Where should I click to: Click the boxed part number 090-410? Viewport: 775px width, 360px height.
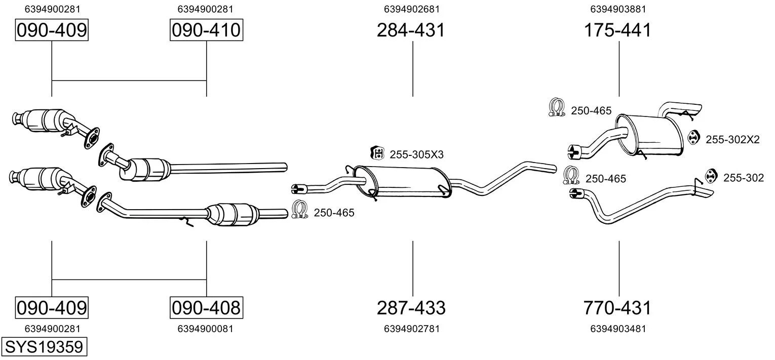[206, 30]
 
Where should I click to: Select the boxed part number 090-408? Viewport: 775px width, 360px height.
[206, 307]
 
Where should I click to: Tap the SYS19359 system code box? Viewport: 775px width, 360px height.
[44, 346]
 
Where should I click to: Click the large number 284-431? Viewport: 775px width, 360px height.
[411, 30]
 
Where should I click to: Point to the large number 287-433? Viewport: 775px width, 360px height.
[411, 307]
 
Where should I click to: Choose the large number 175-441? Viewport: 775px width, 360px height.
[617, 30]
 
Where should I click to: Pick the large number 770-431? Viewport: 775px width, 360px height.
[617, 307]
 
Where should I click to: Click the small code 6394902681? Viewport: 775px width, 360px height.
[412, 9]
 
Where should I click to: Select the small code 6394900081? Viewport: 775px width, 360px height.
[206, 329]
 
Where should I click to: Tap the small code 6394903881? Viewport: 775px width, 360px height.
[618, 9]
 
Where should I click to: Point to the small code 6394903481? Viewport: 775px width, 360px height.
[618, 329]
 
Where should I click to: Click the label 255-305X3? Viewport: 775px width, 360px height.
[416, 154]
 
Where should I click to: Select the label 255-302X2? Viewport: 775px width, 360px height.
[733, 140]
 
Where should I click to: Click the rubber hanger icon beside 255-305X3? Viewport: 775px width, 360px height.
[377, 153]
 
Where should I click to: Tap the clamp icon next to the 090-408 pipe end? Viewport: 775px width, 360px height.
[300, 210]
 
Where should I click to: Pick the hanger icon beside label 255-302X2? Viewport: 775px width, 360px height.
[693, 137]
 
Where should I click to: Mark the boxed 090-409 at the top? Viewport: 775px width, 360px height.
[52, 30]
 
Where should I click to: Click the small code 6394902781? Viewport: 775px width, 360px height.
[412, 329]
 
